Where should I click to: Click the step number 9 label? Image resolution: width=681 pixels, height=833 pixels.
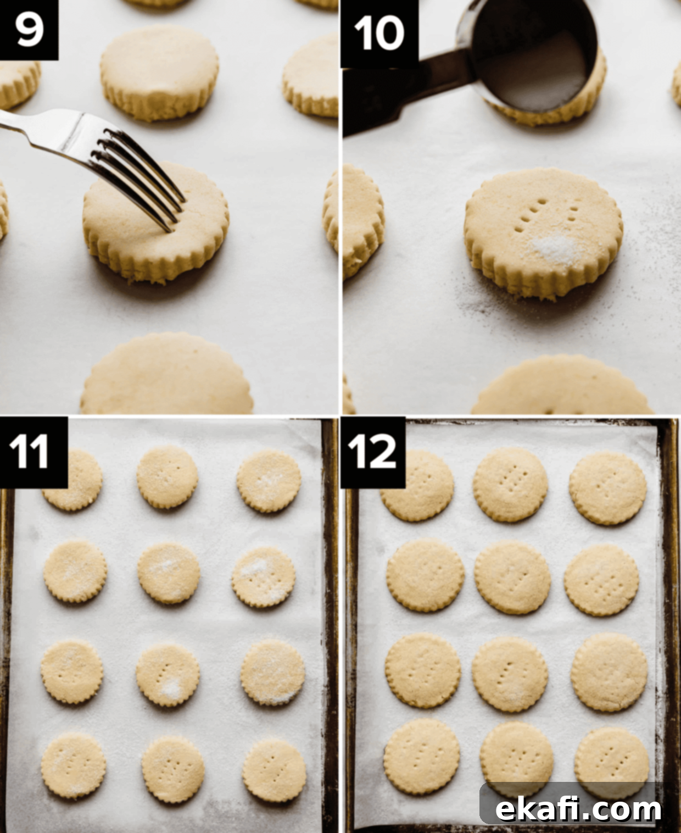(29, 30)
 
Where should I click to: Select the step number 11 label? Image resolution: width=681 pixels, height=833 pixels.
(34, 452)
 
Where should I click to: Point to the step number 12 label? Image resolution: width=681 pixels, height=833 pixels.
(373, 452)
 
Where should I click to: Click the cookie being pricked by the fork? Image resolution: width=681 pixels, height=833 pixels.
(155, 223)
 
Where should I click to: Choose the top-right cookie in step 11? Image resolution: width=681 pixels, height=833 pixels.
(269, 481)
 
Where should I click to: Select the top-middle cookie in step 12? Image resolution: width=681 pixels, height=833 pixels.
(510, 485)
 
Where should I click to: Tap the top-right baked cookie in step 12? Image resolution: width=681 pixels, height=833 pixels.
(608, 488)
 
